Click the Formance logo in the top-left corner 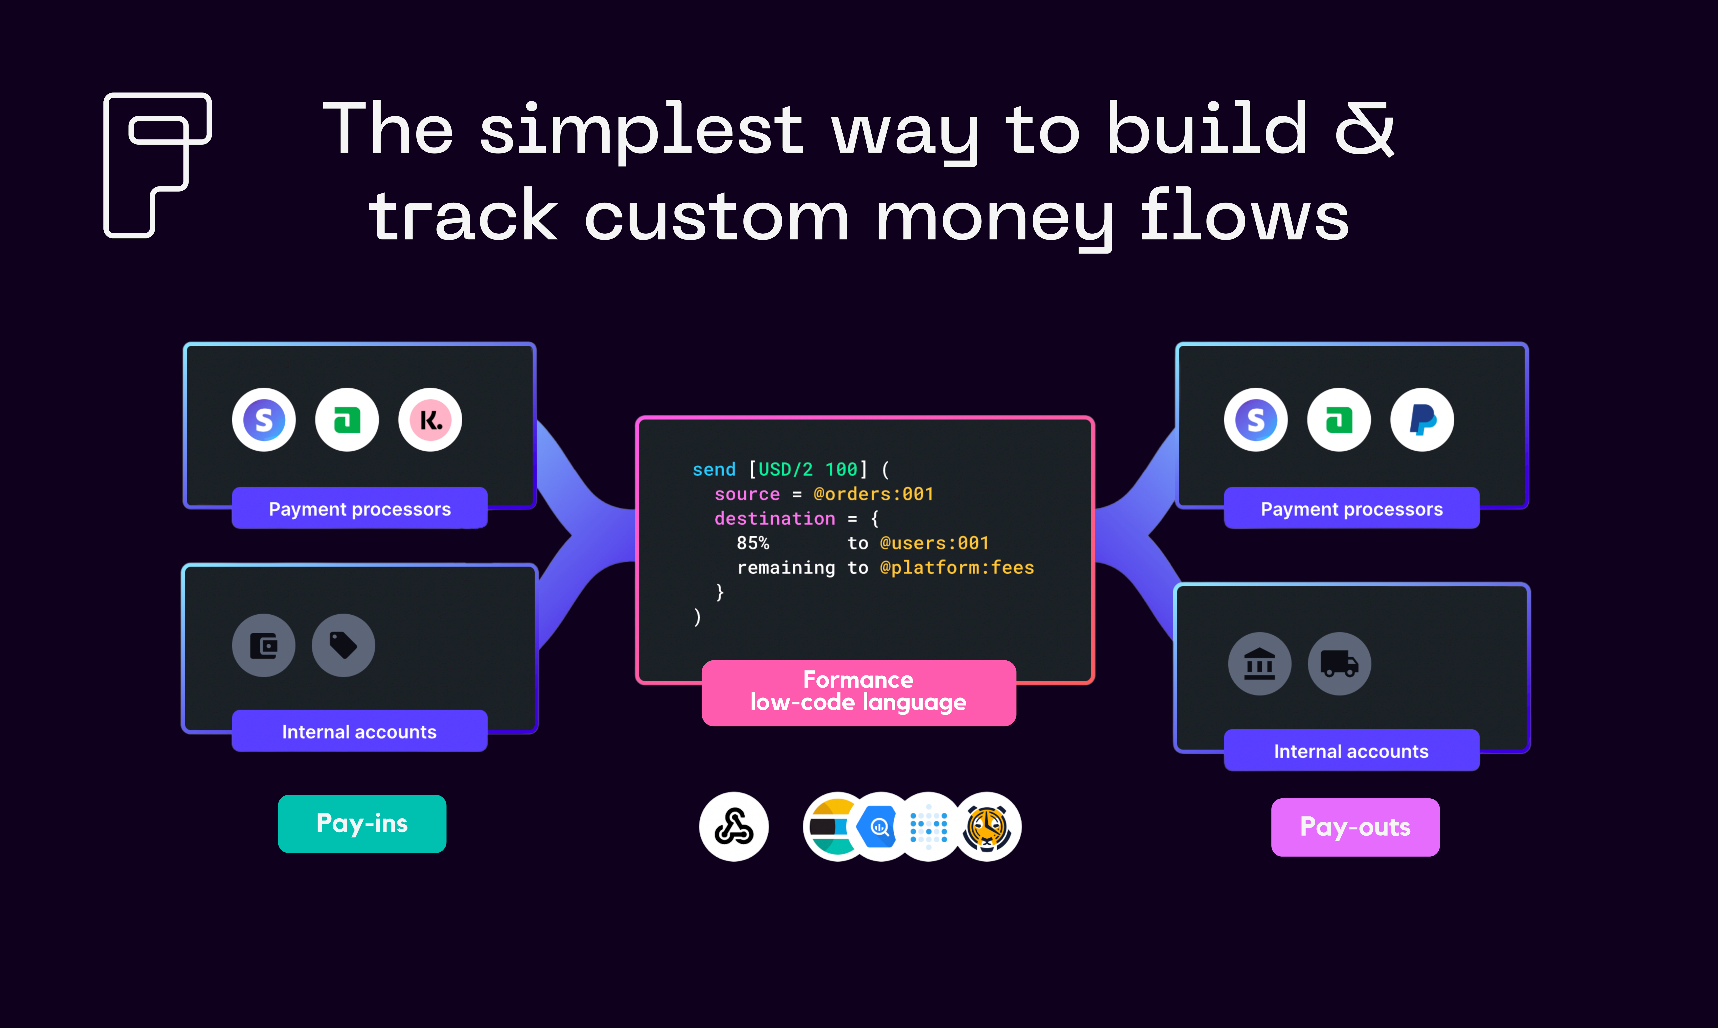tap(157, 165)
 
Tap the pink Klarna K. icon tap(430, 420)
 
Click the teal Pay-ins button tap(362, 824)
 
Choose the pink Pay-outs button tap(1355, 827)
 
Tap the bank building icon tap(1259, 664)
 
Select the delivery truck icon tap(1339, 664)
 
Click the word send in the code tap(713, 470)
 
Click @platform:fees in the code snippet tap(957, 568)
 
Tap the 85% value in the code tap(752, 543)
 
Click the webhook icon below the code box tap(734, 826)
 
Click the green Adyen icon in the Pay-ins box tap(347, 420)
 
